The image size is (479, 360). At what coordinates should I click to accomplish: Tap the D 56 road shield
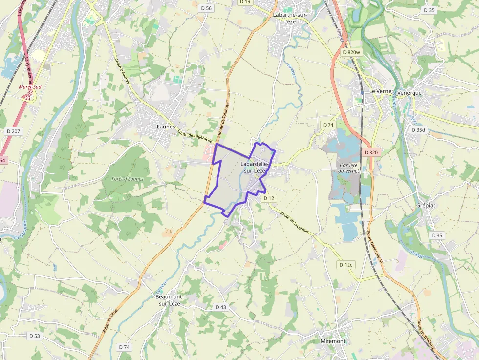click(x=206, y=8)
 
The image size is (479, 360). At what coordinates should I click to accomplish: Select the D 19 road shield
click(x=245, y=2)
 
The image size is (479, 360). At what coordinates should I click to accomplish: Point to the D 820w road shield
click(x=351, y=52)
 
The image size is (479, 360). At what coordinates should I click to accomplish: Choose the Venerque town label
click(x=410, y=92)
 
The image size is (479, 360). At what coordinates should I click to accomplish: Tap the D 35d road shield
click(x=419, y=130)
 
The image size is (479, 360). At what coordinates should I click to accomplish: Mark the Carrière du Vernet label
click(x=348, y=168)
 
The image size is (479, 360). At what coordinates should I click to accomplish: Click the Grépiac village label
click(x=426, y=205)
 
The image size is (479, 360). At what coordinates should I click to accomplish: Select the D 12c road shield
click(x=346, y=265)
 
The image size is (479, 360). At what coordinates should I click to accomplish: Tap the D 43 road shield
click(x=221, y=307)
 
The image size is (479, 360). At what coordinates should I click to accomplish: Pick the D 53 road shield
click(x=34, y=336)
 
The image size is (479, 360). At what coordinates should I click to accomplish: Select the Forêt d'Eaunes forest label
click(x=127, y=179)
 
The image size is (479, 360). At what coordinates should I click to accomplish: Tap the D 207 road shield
click(x=13, y=131)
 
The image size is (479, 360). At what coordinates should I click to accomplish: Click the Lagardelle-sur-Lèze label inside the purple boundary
click(x=254, y=168)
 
